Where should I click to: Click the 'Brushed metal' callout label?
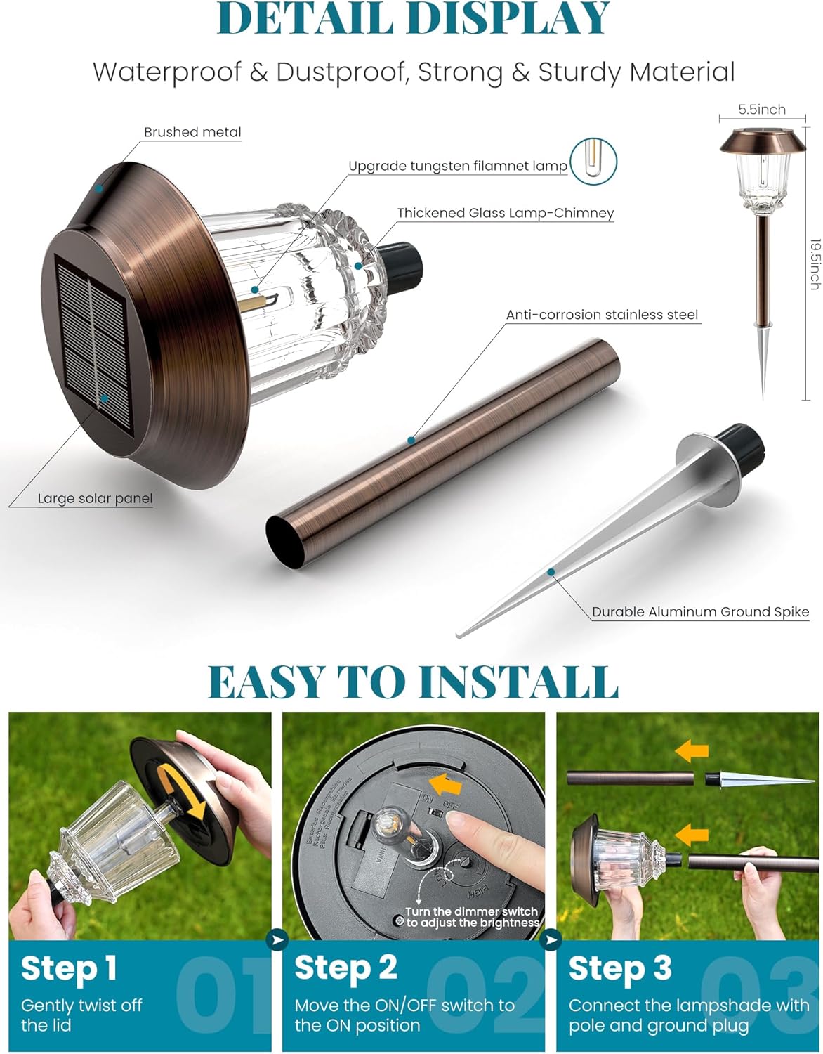point(192,132)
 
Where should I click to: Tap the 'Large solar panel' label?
point(95,498)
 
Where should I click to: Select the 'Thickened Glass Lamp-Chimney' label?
point(505,213)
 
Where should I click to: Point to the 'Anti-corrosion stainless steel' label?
point(602,315)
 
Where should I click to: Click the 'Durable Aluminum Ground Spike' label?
point(700,611)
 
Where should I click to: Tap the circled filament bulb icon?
point(593,161)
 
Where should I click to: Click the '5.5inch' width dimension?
point(762,110)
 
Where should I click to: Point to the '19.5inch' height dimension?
point(815,264)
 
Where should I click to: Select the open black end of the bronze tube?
point(285,541)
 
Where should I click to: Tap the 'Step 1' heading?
point(69,968)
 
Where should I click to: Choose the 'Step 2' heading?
point(345,968)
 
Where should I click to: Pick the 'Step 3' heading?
point(619,968)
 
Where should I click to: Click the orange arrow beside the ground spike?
point(692,752)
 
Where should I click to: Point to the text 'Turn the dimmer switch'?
point(471,911)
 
